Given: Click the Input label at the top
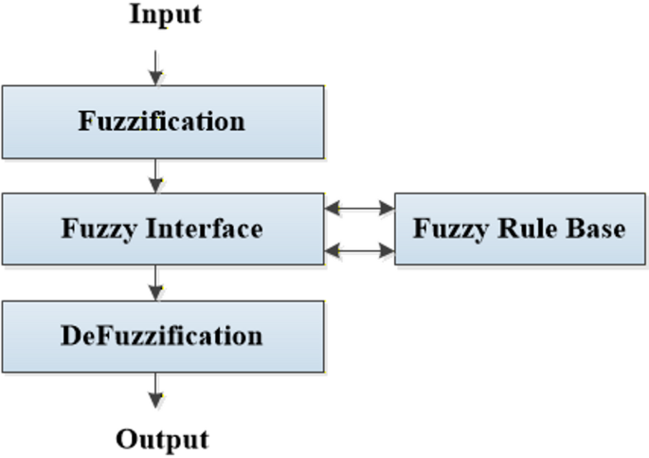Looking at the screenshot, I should tap(164, 15).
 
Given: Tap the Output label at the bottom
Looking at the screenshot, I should tap(162, 440).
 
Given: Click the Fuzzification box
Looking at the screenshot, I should tap(162, 121).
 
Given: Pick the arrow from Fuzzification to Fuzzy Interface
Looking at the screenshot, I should tap(156, 174).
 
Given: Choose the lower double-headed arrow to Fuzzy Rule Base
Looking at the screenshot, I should tap(359, 250).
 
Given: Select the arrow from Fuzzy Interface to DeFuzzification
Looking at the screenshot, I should tap(156, 283).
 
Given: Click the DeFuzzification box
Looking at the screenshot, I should tap(162, 336).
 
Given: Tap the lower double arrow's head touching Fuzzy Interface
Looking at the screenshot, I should tap(331, 250).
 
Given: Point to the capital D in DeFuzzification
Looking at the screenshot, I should tap(70, 336).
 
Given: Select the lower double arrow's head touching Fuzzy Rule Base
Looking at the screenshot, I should tap(388, 250).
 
